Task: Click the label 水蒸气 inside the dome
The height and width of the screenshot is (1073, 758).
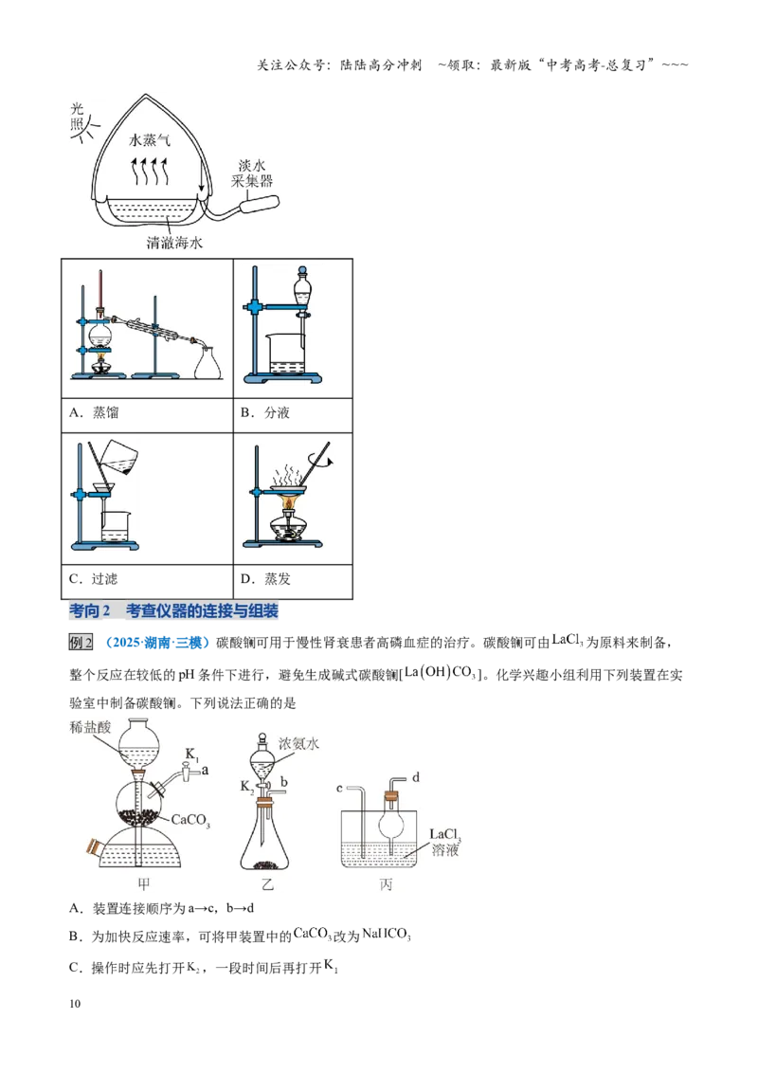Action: [149, 139]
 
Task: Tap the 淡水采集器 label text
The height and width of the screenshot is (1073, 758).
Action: [252, 173]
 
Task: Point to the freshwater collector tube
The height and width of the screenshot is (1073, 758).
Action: [261, 204]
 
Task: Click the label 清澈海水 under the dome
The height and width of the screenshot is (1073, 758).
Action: [174, 243]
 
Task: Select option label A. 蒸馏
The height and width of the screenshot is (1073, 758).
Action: [94, 412]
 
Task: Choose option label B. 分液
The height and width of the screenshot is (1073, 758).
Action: [264, 412]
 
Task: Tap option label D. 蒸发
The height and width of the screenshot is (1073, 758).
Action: [265, 579]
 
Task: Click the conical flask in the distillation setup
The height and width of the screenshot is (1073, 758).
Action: [208, 363]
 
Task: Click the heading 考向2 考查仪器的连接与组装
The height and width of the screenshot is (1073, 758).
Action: [173, 611]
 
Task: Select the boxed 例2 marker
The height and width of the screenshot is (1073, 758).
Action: [81, 643]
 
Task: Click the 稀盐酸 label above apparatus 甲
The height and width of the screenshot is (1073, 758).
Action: [90, 727]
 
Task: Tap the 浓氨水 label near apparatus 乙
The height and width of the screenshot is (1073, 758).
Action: [298, 743]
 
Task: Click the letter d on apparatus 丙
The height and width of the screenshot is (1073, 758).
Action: [416, 777]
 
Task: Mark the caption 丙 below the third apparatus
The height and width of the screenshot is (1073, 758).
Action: [386, 884]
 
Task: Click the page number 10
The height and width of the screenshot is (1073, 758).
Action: [75, 1004]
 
